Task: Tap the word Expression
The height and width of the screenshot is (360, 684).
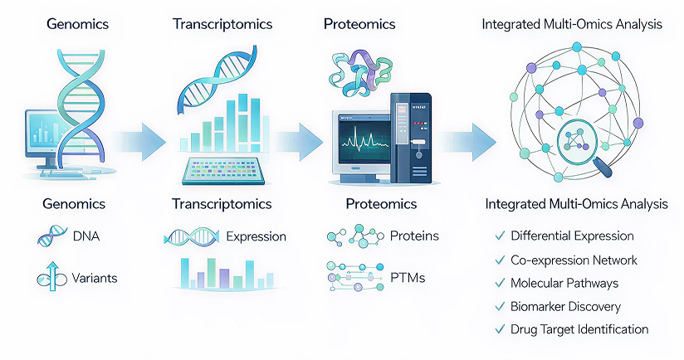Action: [x=256, y=236]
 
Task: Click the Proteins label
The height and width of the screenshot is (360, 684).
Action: [x=414, y=236]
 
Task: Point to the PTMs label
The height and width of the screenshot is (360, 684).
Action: [x=407, y=278]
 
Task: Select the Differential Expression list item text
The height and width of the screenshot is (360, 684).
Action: [x=572, y=236]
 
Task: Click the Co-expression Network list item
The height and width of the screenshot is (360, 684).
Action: [x=574, y=260]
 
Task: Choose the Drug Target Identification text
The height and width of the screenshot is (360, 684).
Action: [x=579, y=329]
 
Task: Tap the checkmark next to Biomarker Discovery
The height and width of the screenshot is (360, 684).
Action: [x=500, y=306]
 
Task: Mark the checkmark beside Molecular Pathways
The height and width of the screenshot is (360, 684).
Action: [x=500, y=283]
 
